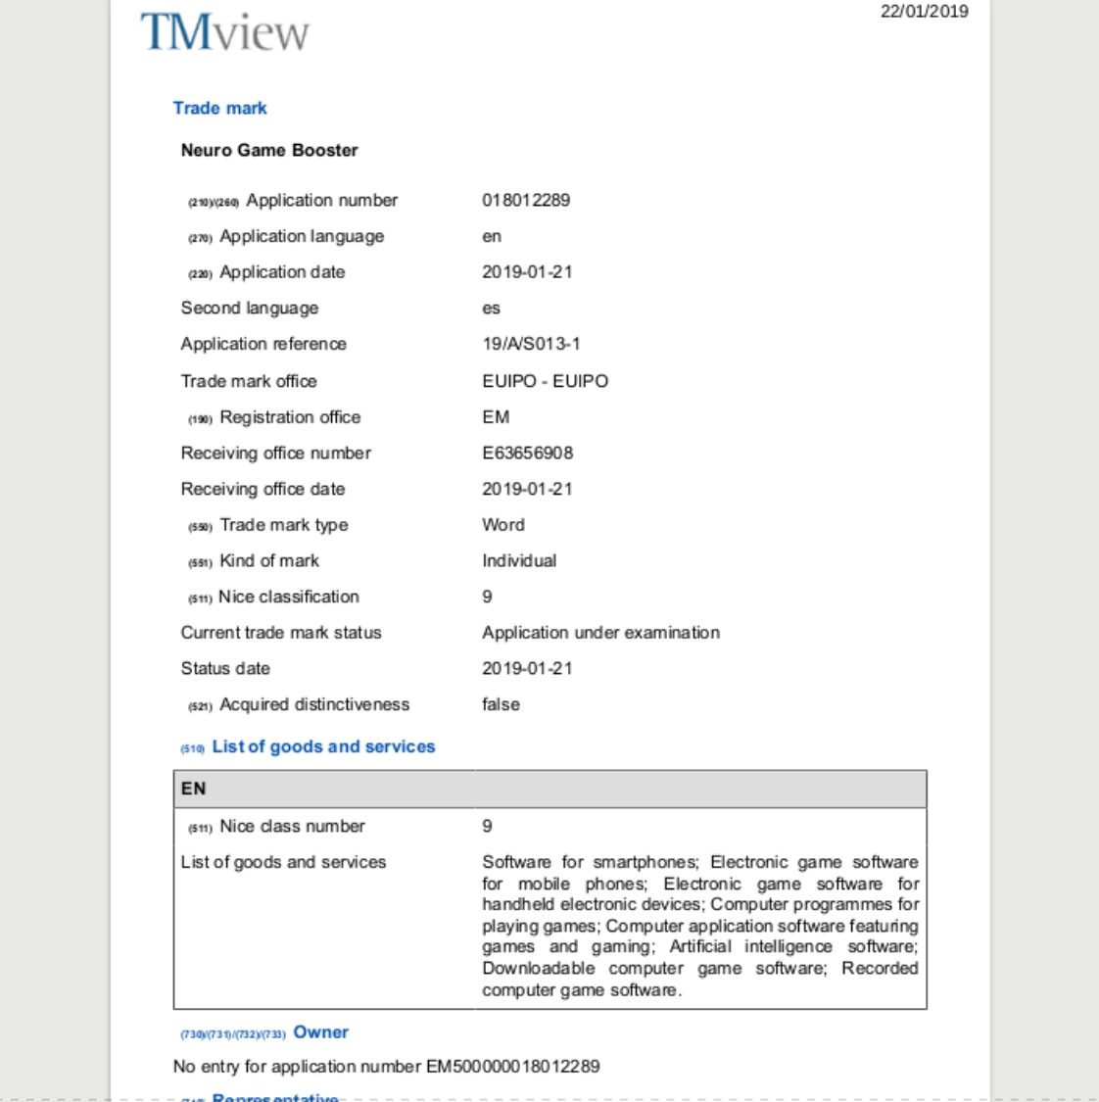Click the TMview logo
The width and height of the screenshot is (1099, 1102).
click(x=224, y=32)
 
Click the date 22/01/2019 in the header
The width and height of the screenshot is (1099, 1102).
click(x=924, y=12)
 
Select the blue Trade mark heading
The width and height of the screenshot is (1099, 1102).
click(x=220, y=108)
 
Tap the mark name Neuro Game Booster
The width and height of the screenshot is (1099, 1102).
click(x=269, y=150)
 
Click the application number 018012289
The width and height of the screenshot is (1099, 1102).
click(x=526, y=200)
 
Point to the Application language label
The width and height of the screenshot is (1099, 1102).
click(x=302, y=236)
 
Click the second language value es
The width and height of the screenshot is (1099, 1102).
click(x=491, y=309)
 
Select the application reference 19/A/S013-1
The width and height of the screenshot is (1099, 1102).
click(x=531, y=344)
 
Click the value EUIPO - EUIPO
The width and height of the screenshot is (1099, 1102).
click(x=545, y=381)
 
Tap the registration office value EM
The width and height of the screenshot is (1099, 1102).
click(x=496, y=417)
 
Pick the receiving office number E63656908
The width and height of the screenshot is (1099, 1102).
click(x=527, y=453)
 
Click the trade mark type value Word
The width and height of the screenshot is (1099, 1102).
click(x=503, y=525)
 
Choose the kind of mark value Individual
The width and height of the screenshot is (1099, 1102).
click(x=519, y=560)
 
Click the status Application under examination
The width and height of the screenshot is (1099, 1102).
click(x=600, y=633)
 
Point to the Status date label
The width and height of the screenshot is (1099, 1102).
click(x=225, y=668)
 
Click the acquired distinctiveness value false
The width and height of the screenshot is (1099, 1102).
click(x=501, y=704)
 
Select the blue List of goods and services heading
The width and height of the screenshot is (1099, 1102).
click(x=323, y=746)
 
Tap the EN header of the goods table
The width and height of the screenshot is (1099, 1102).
click(x=194, y=789)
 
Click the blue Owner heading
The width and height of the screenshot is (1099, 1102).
click(x=321, y=1031)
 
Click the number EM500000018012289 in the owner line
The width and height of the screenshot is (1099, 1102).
click(x=512, y=1066)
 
